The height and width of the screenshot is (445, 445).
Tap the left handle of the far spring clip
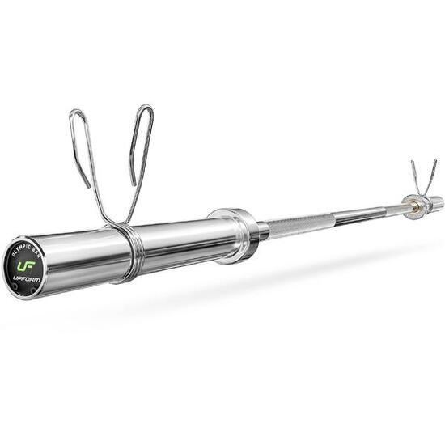pyautogui.click(x=413, y=175)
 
